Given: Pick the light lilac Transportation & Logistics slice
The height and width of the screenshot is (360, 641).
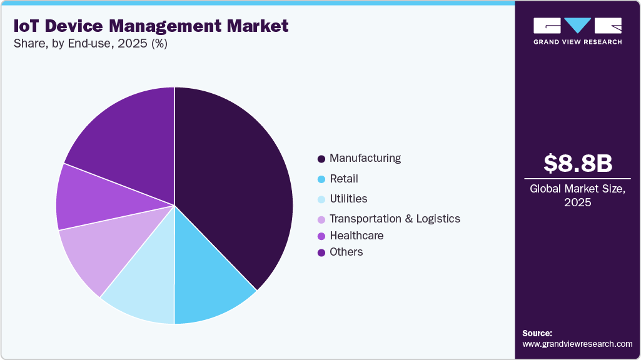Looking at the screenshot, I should [x=94, y=250].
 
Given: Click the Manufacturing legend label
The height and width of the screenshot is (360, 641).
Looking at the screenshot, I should [x=365, y=158].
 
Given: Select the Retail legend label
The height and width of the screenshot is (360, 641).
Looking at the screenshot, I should [x=344, y=179].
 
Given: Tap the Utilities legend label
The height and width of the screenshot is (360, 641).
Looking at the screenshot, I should [x=348, y=199].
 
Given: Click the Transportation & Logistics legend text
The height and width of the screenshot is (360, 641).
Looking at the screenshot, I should [x=395, y=219].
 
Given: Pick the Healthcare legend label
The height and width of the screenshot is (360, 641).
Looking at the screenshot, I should [x=356, y=236].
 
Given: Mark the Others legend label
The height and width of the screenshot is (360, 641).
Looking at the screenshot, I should [x=346, y=252].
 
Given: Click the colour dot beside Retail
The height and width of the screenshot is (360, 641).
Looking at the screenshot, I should [x=321, y=179].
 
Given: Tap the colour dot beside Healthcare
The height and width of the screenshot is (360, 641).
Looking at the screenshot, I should [x=321, y=236].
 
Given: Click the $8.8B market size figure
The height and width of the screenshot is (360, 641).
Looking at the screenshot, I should [x=577, y=164].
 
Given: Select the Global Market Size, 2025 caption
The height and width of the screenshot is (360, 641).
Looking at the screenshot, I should [x=577, y=195].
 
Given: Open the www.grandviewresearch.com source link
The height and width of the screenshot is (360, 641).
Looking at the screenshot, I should [x=577, y=344].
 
